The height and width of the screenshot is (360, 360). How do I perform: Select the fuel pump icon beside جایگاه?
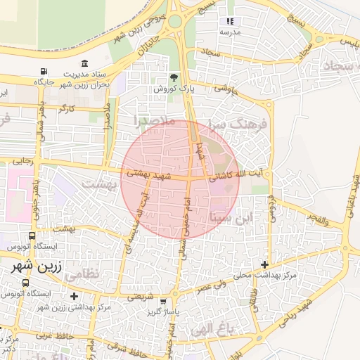(44, 72)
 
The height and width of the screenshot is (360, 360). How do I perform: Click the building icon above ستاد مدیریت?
(84, 63)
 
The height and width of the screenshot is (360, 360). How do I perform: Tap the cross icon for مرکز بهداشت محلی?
(264, 265)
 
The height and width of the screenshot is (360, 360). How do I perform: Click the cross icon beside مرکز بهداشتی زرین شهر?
(74, 297)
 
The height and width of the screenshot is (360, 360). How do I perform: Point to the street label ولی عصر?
(211, 287)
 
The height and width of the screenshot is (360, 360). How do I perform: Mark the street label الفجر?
(318, 220)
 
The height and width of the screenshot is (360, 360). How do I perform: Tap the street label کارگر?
(67, 110)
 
